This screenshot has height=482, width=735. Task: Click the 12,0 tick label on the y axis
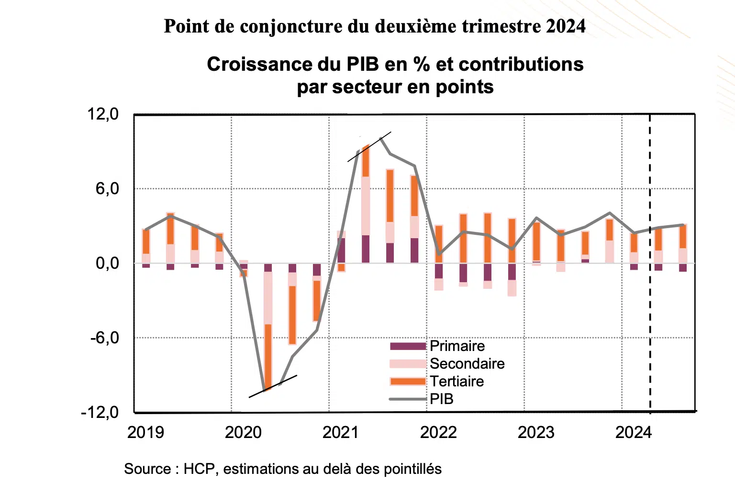click(x=102, y=114)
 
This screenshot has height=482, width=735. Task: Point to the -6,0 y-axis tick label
click(x=104, y=338)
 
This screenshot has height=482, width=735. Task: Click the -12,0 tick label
click(x=100, y=412)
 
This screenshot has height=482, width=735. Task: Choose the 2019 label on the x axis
click(x=145, y=432)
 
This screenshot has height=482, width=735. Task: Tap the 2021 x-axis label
click(x=341, y=432)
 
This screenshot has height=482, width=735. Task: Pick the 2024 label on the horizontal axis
click(x=634, y=432)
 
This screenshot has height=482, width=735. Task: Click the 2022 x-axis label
click(x=438, y=432)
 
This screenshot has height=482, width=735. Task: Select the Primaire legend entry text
click(x=457, y=346)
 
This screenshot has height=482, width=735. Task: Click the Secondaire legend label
click(x=467, y=363)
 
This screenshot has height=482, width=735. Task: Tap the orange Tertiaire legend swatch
click(x=408, y=381)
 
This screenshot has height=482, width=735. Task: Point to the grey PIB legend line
click(x=408, y=399)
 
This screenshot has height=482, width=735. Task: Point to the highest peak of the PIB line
click(x=381, y=138)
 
